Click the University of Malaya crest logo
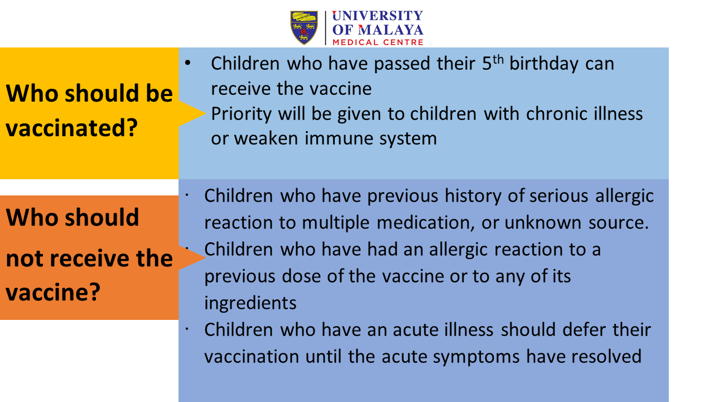(x=304, y=28)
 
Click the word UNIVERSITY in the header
(x=378, y=16)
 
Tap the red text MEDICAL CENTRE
(x=378, y=42)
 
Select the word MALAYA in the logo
(x=391, y=30)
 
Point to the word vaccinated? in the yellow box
(x=72, y=128)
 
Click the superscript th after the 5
(x=498, y=60)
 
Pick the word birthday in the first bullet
(x=544, y=64)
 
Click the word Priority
(x=242, y=114)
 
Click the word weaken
(x=266, y=138)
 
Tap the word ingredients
(x=250, y=303)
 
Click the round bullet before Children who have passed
(x=188, y=63)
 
